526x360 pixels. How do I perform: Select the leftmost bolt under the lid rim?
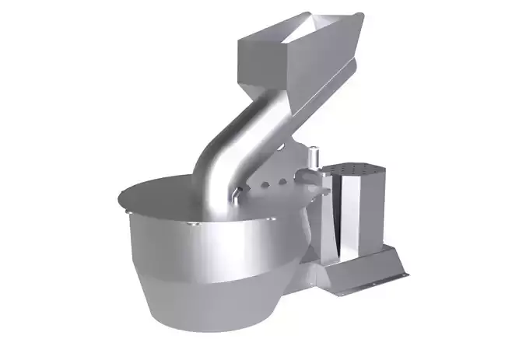coord(127,210)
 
